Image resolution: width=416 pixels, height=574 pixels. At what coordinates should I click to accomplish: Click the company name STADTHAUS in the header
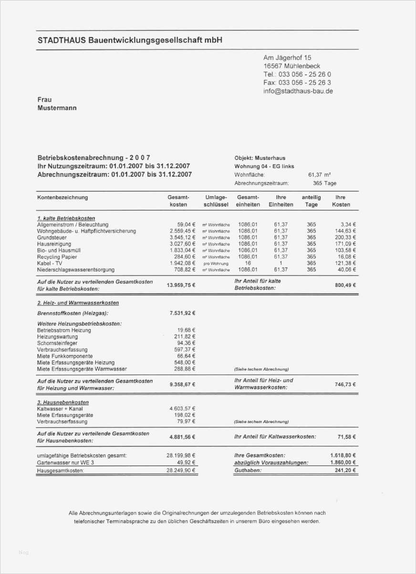point(62,41)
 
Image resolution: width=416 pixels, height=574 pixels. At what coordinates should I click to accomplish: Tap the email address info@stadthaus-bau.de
point(298,91)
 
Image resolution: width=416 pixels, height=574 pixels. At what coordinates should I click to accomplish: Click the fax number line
point(297,82)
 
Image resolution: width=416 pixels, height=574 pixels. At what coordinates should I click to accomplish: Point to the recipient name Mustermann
point(57,108)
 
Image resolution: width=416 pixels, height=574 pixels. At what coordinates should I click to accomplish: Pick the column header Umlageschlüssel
point(216,201)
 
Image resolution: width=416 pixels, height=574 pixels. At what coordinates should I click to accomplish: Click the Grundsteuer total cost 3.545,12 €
point(183,237)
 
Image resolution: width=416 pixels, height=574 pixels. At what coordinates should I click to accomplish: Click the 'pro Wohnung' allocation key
point(216,263)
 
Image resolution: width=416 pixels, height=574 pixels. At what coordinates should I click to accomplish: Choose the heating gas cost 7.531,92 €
point(182,313)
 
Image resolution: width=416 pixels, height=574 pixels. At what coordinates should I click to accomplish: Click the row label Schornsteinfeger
point(57,343)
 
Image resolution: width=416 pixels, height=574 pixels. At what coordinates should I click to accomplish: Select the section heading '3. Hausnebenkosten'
point(62,402)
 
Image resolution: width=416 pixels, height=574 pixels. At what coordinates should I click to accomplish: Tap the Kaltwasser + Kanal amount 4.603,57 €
point(182,409)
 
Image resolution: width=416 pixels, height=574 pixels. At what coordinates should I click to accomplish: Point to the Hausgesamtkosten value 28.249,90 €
point(181,471)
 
